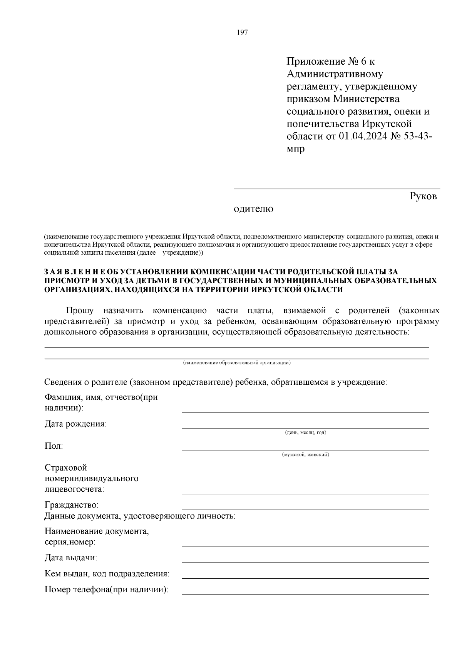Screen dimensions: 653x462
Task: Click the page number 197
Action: (242, 32)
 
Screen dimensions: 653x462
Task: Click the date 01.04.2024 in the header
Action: (363, 137)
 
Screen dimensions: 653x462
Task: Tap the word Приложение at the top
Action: (316, 61)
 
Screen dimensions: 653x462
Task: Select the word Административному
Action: (335, 74)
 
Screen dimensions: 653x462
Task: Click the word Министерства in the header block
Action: (366, 99)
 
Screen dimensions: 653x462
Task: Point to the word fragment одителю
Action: (254, 209)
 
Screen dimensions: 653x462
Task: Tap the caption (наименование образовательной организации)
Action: (236, 362)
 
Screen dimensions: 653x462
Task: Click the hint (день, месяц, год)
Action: (305, 433)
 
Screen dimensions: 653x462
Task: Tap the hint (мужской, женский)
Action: (305, 455)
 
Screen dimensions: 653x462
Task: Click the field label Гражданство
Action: (72, 504)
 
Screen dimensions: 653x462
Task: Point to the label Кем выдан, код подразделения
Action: (107, 574)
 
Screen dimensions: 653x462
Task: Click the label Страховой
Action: (66, 468)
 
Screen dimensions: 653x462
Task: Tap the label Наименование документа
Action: (97, 531)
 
